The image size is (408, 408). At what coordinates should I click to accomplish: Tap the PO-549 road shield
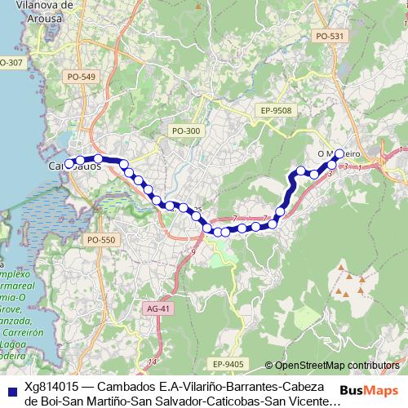coord(83,77)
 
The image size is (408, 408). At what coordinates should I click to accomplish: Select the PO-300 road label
coord(186,131)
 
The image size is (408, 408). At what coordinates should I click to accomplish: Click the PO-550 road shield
coord(102,240)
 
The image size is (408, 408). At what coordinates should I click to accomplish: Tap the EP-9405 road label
coord(228,363)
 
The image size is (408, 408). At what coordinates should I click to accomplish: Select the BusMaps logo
coord(366,390)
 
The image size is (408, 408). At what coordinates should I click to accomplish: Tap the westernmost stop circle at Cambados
coord(69,162)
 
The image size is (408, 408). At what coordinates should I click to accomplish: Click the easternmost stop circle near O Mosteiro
coord(340,153)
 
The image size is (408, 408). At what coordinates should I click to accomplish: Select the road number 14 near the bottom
coord(152,361)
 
